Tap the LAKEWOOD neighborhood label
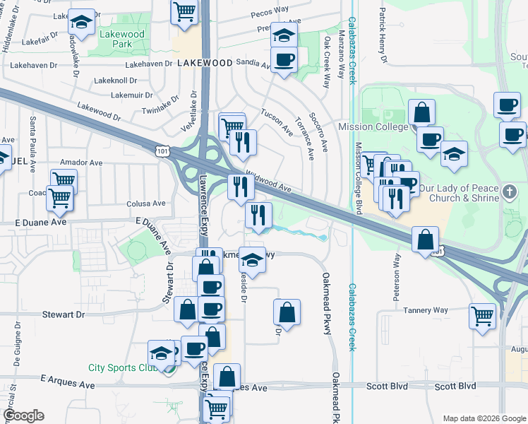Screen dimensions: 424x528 click(205, 63)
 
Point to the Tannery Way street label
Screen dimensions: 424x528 click(426, 310)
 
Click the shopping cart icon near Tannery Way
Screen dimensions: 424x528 click(483, 315)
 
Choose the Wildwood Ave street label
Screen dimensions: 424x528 click(269, 182)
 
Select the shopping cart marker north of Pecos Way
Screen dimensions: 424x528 click(184, 11)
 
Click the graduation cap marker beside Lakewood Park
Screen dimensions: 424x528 click(82, 22)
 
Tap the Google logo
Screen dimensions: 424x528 click(23, 416)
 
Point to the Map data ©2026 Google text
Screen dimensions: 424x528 click(484, 418)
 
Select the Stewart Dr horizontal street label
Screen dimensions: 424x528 click(63, 314)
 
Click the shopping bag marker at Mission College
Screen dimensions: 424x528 click(421, 112)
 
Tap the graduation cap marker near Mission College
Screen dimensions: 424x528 click(454, 153)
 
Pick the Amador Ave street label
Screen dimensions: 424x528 click(81, 163)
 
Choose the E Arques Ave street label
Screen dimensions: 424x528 click(68, 380)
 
